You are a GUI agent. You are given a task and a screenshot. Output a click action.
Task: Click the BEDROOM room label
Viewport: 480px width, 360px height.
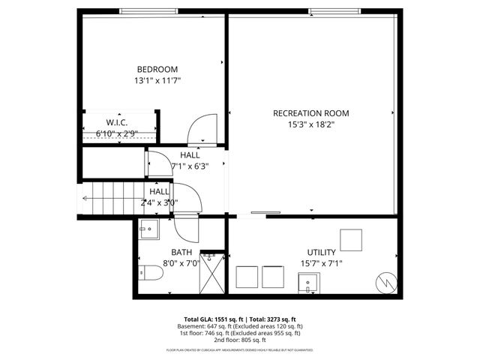point(157,69)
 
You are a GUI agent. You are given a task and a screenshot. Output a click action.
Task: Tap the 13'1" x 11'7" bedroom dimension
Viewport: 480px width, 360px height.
point(157,79)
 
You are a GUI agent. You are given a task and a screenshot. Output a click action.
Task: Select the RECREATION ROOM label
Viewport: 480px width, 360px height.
point(310,114)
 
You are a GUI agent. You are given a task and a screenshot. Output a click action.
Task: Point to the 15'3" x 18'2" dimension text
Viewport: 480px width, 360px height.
point(310,125)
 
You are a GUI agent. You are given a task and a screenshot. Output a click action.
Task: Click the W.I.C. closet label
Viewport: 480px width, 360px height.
point(116,122)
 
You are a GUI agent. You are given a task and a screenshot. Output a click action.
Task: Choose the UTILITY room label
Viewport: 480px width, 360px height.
point(321,252)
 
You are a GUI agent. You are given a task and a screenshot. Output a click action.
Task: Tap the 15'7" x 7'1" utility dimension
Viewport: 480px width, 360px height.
point(321,263)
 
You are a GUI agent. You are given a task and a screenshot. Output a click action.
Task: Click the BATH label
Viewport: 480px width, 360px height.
point(181,252)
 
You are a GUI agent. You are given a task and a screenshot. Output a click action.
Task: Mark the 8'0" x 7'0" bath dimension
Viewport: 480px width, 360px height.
point(181,263)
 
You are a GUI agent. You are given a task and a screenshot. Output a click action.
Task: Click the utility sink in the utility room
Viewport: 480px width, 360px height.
point(309,283)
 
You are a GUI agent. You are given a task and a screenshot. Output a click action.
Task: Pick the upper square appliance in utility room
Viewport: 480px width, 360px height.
point(352,239)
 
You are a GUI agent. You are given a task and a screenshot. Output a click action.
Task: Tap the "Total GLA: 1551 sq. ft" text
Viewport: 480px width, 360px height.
point(213,319)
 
